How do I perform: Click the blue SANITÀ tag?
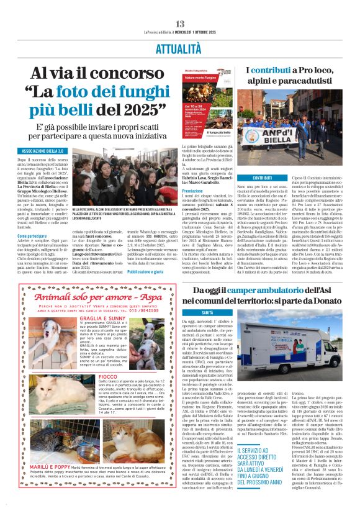point(207,312)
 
